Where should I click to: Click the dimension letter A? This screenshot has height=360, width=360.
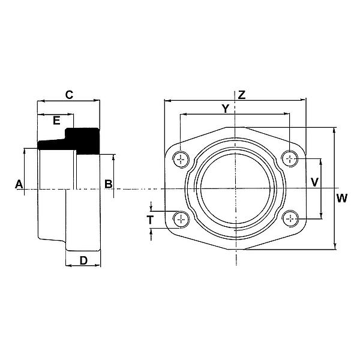(x=19, y=184)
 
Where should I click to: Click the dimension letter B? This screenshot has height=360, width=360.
(x=108, y=184)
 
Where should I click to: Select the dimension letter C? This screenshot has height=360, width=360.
(x=69, y=94)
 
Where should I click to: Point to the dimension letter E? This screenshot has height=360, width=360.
(x=56, y=120)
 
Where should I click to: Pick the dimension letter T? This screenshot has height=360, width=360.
(x=150, y=220)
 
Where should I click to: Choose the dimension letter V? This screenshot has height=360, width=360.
(x=314, y=181)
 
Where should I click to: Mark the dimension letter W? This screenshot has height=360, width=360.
(x=341, y=198)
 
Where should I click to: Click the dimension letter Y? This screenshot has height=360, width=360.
(x=225, y=108)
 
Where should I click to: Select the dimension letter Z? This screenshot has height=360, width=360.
(x=241, y=95)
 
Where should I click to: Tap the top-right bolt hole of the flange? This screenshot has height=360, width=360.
(x=290, y=158)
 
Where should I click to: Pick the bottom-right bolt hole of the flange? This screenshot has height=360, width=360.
(x=290, y=218)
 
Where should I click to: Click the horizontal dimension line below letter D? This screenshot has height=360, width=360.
(x=83, y=266)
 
